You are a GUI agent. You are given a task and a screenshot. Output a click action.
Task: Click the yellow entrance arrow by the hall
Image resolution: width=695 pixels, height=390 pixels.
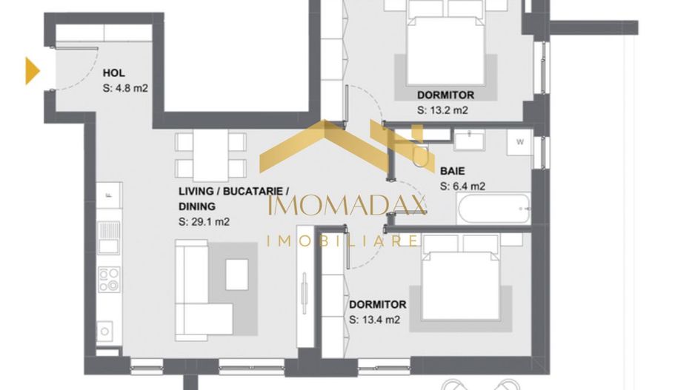32,70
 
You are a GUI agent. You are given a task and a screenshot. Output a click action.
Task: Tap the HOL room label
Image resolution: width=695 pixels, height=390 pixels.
113,73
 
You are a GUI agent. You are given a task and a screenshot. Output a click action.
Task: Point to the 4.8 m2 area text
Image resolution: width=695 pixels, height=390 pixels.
125,88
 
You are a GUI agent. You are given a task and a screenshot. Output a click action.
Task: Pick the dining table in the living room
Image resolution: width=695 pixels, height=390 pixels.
210,155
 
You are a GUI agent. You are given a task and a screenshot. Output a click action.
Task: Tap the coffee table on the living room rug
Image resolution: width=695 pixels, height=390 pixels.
237,275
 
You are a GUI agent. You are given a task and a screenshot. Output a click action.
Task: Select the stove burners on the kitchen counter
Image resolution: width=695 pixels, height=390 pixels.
109,279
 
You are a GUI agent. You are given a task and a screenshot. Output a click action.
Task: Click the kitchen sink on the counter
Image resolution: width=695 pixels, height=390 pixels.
110,235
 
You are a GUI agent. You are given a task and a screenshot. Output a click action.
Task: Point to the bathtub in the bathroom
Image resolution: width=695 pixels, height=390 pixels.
494,209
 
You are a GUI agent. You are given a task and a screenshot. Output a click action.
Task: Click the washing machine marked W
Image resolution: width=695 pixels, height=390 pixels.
519,144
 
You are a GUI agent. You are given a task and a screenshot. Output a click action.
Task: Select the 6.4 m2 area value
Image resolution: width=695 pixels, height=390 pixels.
462,186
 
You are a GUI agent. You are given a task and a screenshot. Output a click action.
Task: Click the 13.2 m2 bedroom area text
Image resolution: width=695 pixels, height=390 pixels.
442,110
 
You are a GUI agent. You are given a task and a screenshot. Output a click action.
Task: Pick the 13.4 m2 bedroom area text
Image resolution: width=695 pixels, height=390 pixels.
374,320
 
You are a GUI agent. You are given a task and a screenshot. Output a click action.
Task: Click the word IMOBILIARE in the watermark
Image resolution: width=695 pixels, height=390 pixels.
343,241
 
